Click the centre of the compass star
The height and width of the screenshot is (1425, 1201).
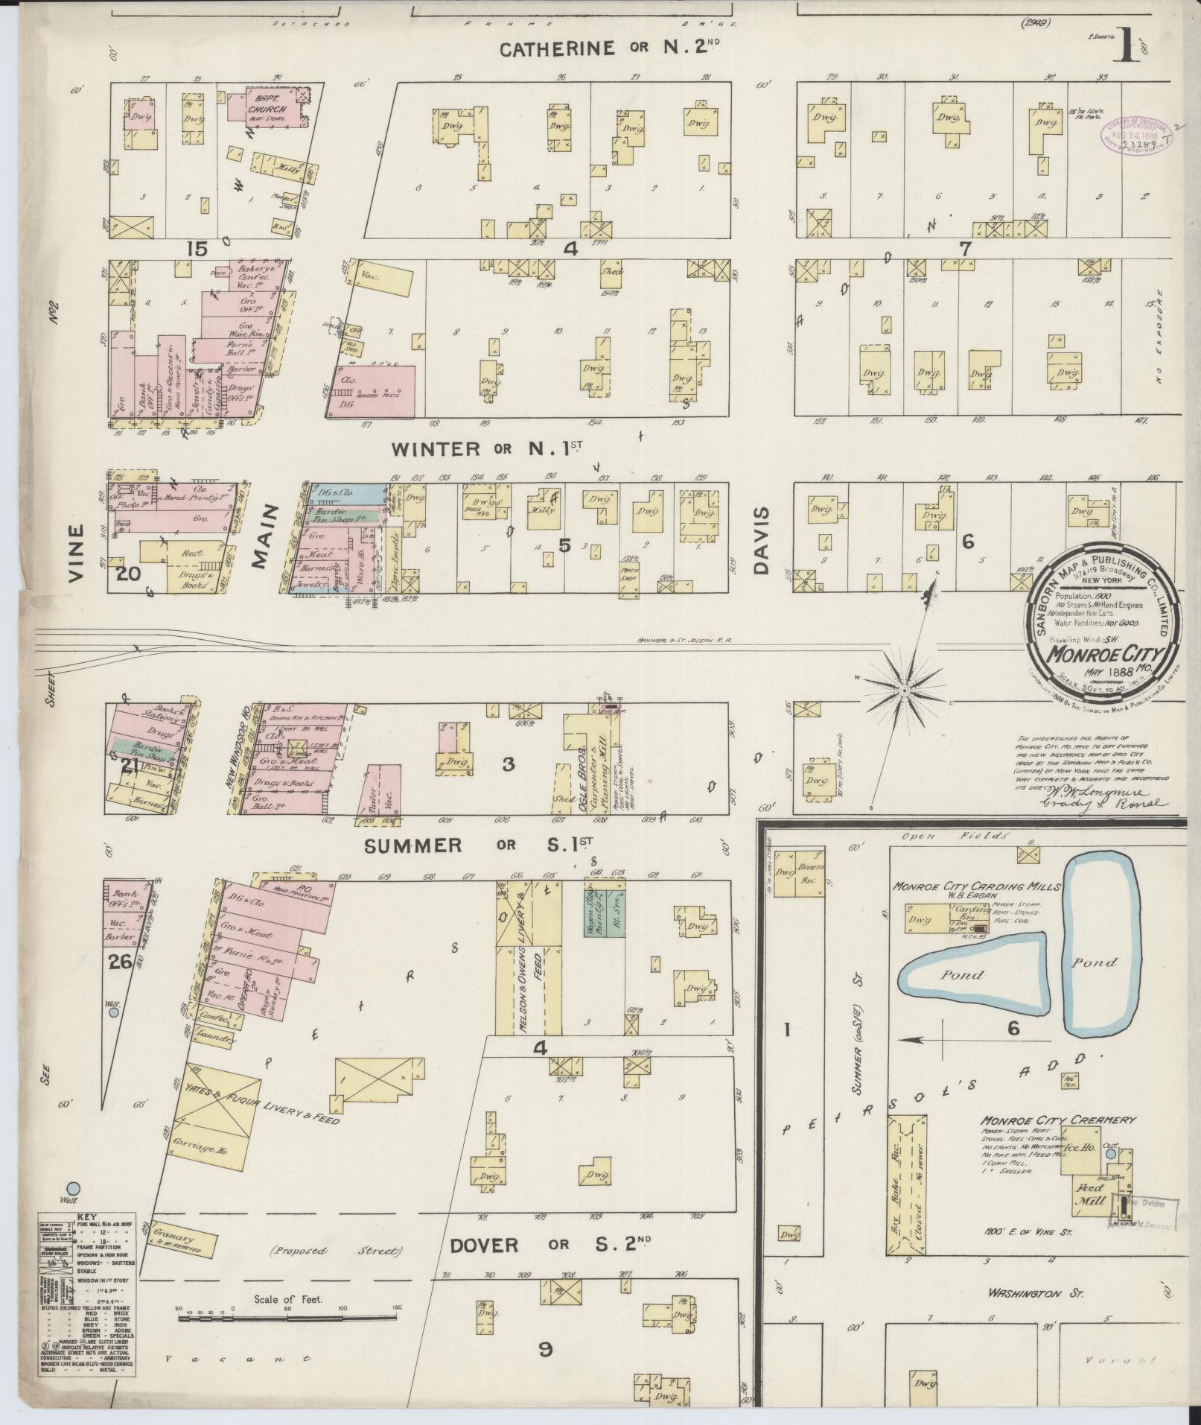(x=903, y=691)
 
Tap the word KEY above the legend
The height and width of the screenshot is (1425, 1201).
(x=87, y=1216)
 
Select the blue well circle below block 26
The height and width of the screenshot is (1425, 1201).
(x=113, y=1012)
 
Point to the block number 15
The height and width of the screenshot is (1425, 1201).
(x=198, y=249)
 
